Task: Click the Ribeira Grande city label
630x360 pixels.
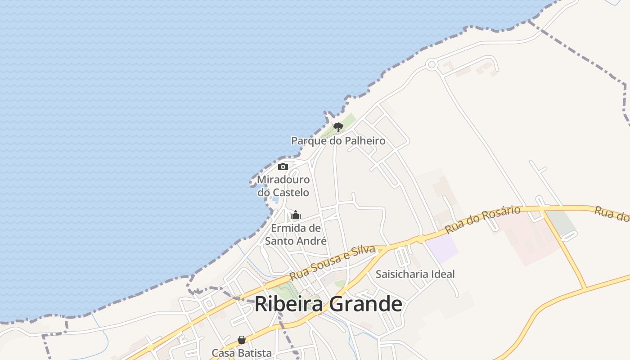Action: (328, 304)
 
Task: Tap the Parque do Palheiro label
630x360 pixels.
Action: (338, 141)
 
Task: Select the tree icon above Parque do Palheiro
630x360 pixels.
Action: (338, 127)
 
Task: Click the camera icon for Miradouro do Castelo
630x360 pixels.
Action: (283, 167)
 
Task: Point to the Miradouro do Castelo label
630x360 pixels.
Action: (283, 186)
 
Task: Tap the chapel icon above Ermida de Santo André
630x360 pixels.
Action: (296, 215)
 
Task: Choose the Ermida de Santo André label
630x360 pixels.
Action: (296, 234)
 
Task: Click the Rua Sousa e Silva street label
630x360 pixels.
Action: (333, 262)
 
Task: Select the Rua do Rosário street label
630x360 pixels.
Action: (482, 219)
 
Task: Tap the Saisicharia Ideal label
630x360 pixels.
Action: (415, 274)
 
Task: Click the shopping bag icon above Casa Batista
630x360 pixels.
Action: (242, 340)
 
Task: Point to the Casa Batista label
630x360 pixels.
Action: (242, 353)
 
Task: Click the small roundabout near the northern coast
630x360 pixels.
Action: (432, 65)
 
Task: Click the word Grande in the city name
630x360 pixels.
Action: (366, 304)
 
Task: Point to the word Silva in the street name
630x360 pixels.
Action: (363, 252)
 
